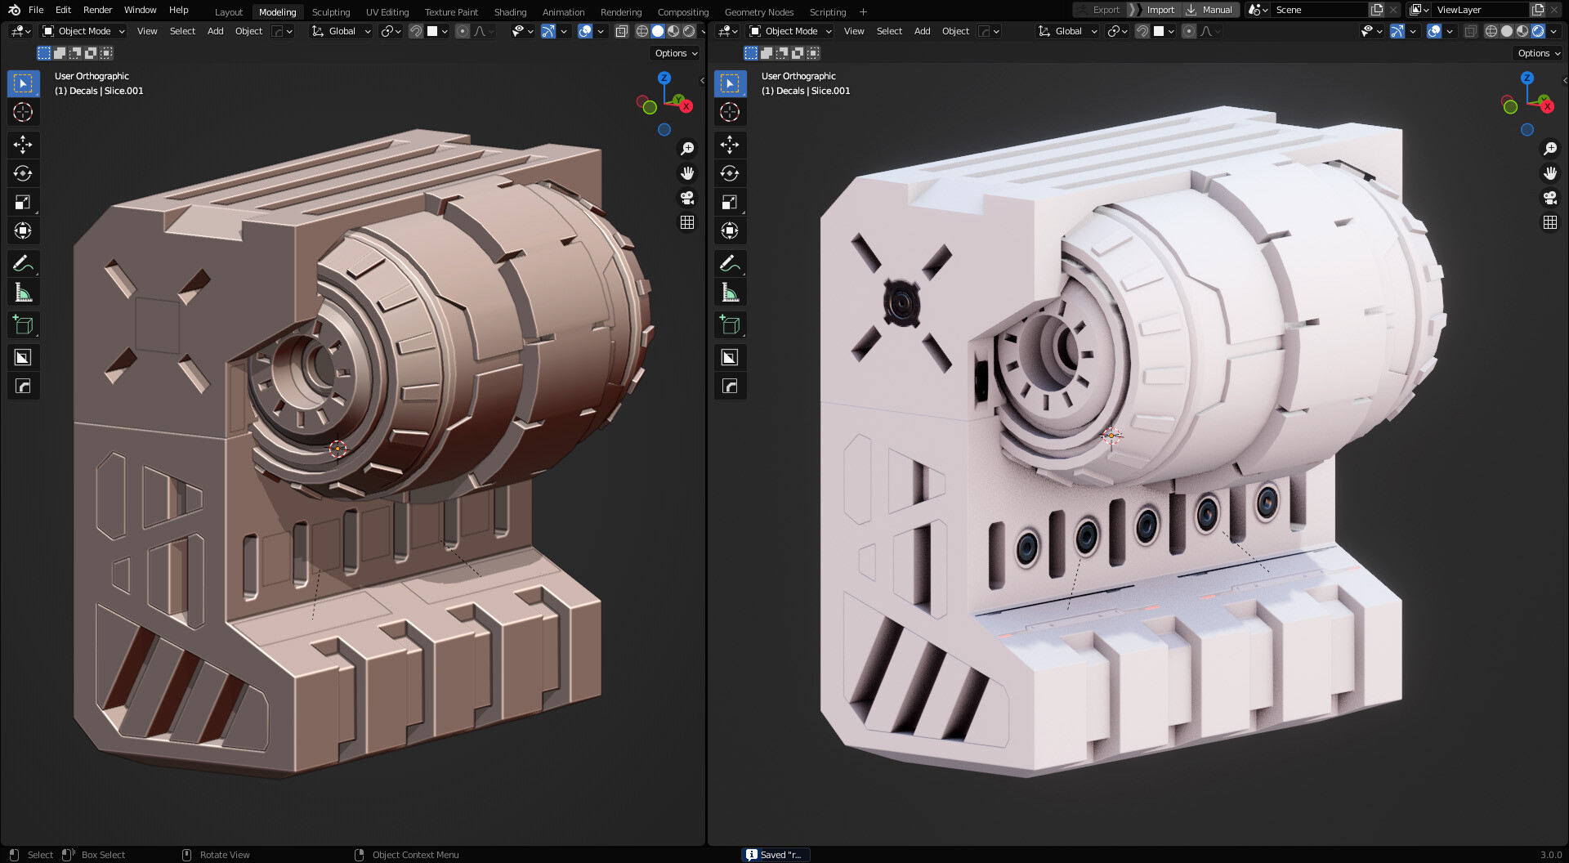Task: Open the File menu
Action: click(x=36, y=10)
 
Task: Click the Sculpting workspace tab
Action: click(x=330, y=12)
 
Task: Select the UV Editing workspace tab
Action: click(x=387, y=12)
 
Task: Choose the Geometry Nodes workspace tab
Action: click(x=758, y=12)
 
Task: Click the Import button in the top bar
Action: click(x=1160, y=10)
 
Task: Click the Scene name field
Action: click(x=1317, y=10)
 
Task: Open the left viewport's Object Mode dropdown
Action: click(x=84, y=31)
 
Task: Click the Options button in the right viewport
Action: click(x=1539, y=53)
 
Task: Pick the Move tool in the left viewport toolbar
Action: click(x=23, y=145)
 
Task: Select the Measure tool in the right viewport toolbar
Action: click(x=730, y=293)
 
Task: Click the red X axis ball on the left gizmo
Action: click(x=686, y=106)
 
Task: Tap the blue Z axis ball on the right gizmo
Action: click(x=1527, y=78)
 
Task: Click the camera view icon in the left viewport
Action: click(x=687, y=198)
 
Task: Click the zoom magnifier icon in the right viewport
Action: click(x=1549, y=149)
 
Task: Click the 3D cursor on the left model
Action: click(x=337, y=448)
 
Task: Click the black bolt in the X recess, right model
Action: click(x=901, y=303)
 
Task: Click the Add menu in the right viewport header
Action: click(x=922, y=31)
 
